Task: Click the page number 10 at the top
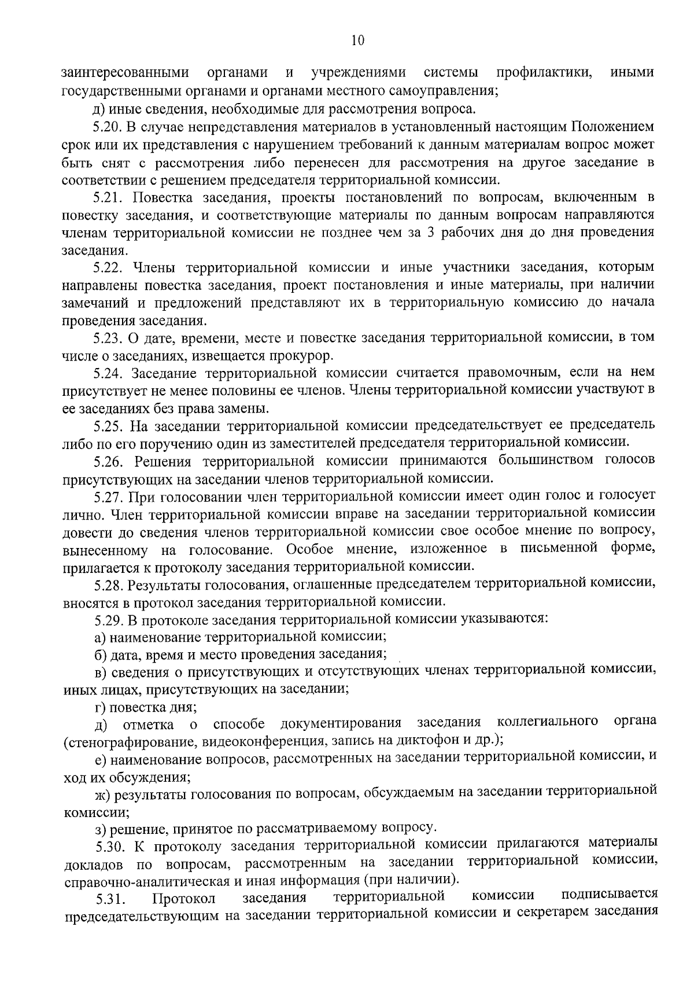(x=357, y=40)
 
